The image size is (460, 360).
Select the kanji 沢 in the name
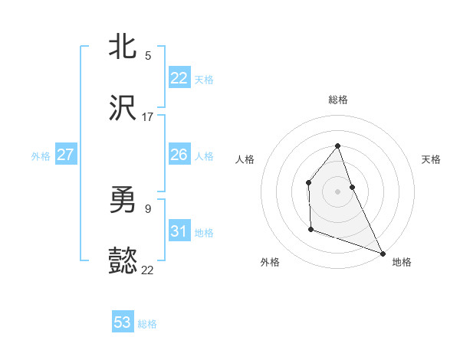(123, 110)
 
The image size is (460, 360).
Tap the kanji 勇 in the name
(123, 201)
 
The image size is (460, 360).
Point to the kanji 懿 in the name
(123, 263)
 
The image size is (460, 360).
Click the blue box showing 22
(179, 78)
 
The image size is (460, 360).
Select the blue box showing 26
(179, 155)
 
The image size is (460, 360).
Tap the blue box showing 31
(179, 231)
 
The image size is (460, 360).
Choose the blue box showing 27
(65, 155)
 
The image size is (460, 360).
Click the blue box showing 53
(123, 322)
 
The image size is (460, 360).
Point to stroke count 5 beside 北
(148, 56)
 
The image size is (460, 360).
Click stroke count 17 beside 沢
(148, 117)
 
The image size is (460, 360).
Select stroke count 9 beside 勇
(148, 208)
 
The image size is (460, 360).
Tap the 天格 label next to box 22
(204, 79)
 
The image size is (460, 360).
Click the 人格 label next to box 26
(204, 155)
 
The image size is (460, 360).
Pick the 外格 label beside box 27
(41, 155)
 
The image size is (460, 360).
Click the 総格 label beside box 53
(147, 323)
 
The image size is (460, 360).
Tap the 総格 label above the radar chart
(338, 100)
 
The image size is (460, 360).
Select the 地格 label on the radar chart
(402, 262)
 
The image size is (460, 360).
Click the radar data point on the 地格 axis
(383, 253)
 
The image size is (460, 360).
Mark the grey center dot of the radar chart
(338, 191)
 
